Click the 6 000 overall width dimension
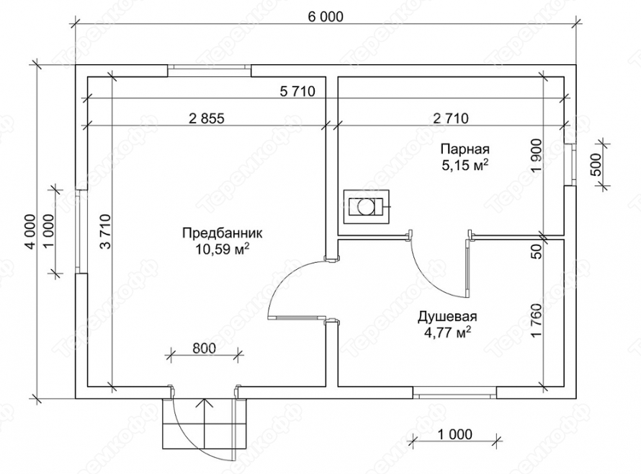pos(326,17)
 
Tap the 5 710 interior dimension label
pos(297,91)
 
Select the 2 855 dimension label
pos(207,118)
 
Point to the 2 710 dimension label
pos(451,118)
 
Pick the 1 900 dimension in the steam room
pos(537,157)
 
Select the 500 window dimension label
pos(596,164)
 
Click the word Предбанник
pos(222,233)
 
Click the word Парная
pos(465,148)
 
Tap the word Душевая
pos(447,317)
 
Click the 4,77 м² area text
pos(447,333)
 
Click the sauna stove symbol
pos(367,207)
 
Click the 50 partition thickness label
pos(537,251)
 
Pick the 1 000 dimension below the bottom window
pos(454,434)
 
